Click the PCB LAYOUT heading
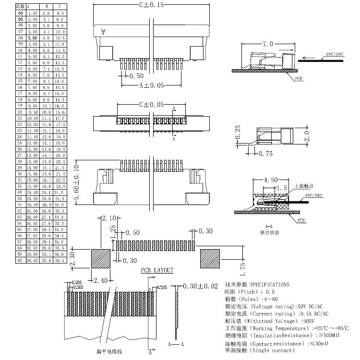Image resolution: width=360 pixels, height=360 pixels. click(157, 271)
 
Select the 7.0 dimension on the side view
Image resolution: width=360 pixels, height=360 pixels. click(267, 44)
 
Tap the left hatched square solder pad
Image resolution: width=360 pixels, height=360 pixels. click(101, 258)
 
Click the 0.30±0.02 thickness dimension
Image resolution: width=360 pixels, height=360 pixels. click(198, 287)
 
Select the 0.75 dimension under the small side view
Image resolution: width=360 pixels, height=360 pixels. click(266, 154)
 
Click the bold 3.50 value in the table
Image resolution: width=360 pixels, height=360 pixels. click(33, 37)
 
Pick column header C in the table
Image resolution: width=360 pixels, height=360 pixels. click(59, 7)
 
